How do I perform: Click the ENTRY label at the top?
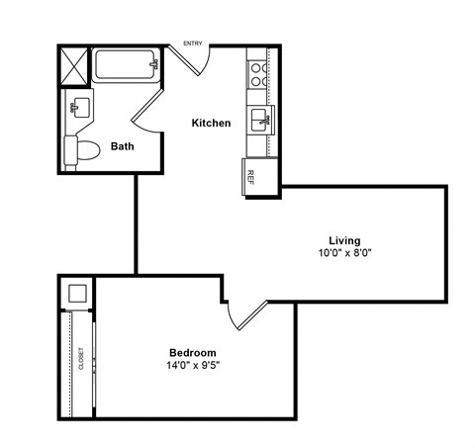point(194,43)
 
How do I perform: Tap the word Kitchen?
point(211,124)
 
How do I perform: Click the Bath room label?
point(122,147)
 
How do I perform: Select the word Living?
point(344,240)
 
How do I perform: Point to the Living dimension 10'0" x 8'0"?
point(344,253)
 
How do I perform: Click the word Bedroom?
point(193,353)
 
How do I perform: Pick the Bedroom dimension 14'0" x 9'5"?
point(193,366)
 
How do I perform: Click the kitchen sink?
point(260,122)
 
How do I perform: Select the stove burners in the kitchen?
point(256,76)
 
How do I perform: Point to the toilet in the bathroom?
point(82,151)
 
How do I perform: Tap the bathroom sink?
point(78,107)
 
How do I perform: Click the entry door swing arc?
point(195,59)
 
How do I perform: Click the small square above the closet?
point(76,293)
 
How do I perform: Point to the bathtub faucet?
point(153,65)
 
